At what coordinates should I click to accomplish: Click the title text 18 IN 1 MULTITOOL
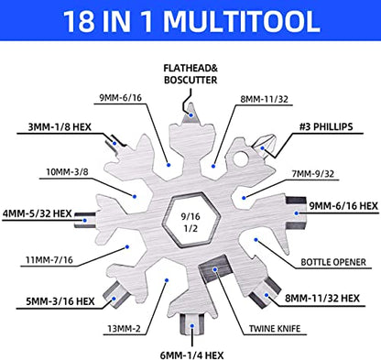tap(191, 21)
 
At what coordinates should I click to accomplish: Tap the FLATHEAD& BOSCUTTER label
tap(190, 74)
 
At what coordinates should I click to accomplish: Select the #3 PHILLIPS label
tap(326, 126)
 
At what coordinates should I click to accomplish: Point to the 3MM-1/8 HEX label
tap(60, 126)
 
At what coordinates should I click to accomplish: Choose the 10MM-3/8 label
tap(67, 172)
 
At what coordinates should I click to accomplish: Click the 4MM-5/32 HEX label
tap(38, 213)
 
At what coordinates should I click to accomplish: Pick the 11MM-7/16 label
tap(49, 260)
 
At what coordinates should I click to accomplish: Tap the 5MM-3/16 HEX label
tap(60, 301)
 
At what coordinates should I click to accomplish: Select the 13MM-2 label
tap(124, 329)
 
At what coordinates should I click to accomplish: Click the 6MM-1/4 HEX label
tap(191, 355)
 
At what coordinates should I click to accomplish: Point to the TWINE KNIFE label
tap(275, 329)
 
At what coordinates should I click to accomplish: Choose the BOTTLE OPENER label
tap(333, 262)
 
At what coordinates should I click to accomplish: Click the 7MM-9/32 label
tap(313, 174)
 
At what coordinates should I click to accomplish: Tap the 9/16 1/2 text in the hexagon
tap(190, 223)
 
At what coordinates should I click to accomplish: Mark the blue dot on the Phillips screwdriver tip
tap(263, 148)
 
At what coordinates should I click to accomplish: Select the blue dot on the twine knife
tap(215, 269)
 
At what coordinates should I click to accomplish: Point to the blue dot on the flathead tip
tap(191, 115)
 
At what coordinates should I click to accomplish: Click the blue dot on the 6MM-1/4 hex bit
tap(192, 326)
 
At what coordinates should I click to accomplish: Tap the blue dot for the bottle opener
tap(256, 240)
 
